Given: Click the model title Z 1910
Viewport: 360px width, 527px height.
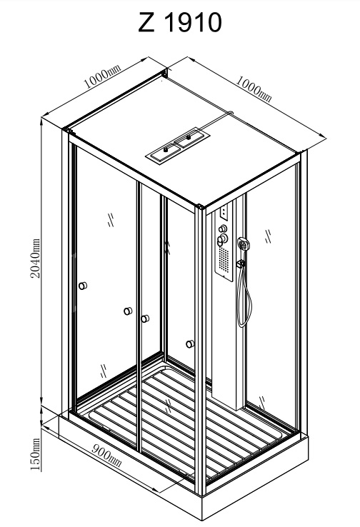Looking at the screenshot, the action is pos(180,22).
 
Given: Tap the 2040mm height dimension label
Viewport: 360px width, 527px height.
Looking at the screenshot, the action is pos(35,259).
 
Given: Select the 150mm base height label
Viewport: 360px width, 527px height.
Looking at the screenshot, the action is pos(35,454).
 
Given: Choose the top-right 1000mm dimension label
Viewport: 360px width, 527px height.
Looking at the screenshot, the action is pos(254,89).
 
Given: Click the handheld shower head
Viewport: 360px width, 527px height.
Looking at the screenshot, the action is pos(243,244).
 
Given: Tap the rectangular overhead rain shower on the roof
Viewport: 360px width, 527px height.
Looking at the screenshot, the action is pos(178,146).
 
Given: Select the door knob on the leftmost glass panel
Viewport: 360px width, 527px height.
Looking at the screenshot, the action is pos(83,286).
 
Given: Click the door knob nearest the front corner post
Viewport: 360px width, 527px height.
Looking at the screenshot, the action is pos(190,343).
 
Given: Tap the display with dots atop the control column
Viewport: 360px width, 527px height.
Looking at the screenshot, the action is pos(224,212).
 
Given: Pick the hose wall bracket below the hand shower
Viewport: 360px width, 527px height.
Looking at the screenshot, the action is pos(241,264).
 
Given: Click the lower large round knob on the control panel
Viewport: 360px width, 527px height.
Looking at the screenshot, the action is pos(223,239).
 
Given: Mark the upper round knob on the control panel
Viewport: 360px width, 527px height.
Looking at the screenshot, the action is pos(223,229).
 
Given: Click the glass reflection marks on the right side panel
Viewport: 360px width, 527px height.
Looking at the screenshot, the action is pos(269,236).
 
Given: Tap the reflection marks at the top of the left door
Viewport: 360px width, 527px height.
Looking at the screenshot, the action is pos(111,220).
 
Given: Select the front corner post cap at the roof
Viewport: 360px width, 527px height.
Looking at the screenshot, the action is pos(200,206).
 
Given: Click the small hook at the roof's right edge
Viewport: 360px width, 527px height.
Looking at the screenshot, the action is pos(231,113).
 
